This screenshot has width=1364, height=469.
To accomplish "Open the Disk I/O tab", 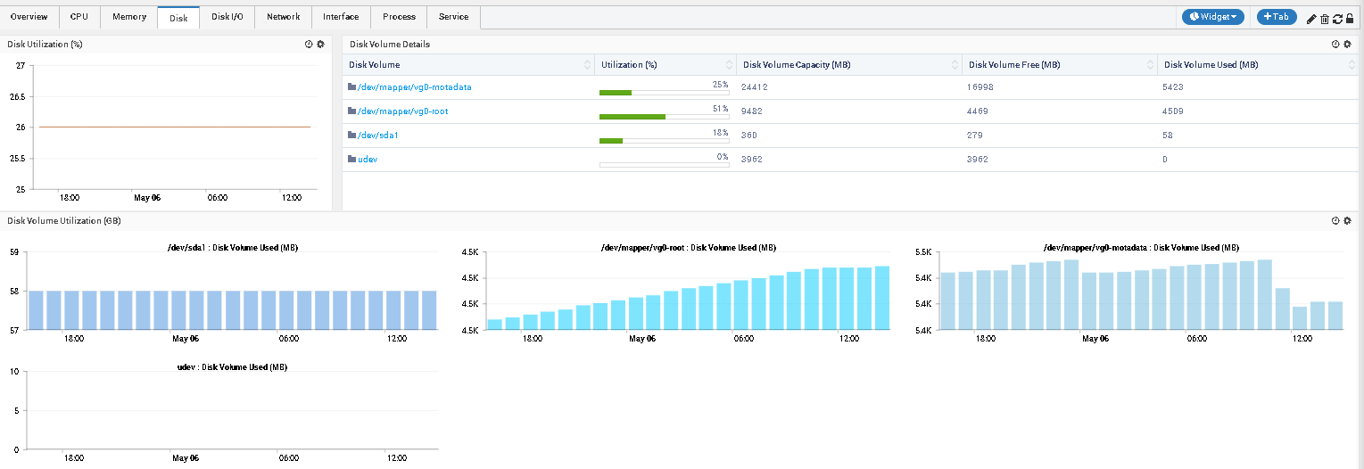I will coord(227,17).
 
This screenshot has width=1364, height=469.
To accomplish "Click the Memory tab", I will coord(129,17).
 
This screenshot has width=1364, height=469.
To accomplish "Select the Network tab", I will coord(283,17).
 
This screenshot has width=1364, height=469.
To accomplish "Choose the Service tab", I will coord(453,17).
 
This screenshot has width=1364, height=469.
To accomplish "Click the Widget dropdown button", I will coord(1212,17).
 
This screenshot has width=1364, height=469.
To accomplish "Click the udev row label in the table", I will coord(367,160).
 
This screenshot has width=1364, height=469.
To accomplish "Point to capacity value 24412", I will coord(755,87).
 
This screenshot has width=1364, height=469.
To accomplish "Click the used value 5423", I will coord(1174,87).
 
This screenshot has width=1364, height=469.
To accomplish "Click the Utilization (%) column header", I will coord(629,65).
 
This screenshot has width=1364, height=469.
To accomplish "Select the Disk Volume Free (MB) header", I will coord(1013,65).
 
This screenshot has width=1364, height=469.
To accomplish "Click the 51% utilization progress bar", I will coord(664,117).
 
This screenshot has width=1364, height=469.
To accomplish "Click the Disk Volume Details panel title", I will coord(390,44).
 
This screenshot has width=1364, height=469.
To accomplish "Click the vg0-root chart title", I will coord(688,248).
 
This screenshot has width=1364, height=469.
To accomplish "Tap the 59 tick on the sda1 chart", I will coord(14,253).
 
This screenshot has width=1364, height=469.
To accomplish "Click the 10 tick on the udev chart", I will coord(14,372).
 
